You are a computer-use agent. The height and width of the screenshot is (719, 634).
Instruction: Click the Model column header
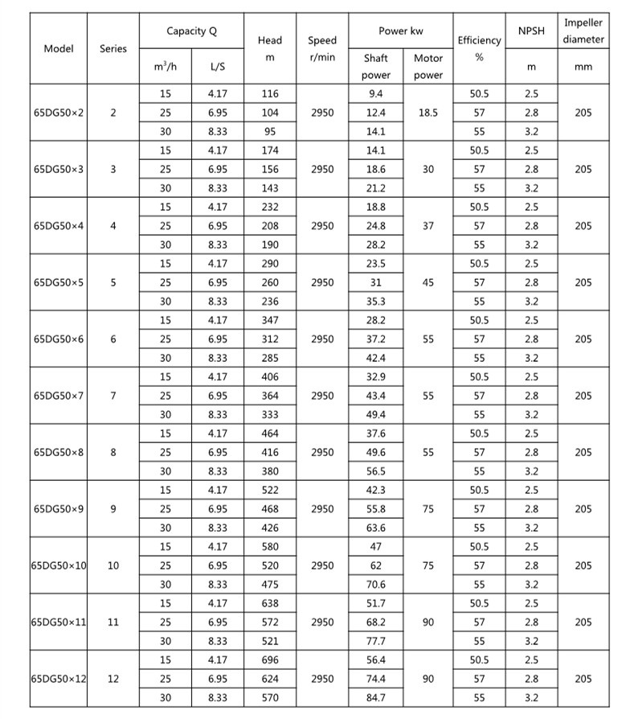(x=59, y=48)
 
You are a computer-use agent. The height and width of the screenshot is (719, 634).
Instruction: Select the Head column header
(x=270, y=48)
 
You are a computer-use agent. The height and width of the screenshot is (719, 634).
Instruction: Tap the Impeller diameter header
(x=583, y=31)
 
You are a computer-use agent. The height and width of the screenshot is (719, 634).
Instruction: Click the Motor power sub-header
(x=428, y=67)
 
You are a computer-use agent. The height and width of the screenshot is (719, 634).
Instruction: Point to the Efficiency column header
(x=479, y=48)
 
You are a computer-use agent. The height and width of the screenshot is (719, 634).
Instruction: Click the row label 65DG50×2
(x=59, y=113)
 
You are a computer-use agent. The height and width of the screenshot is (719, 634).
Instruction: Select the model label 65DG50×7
(x=59, y=396)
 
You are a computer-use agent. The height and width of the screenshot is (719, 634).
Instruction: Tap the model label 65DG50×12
(x=59, y=679)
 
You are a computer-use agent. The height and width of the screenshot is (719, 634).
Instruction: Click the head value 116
(x=270, y=94)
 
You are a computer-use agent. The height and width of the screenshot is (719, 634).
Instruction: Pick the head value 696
(x=270, y=659)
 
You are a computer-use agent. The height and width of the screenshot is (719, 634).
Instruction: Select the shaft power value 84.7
(x=376, y=698)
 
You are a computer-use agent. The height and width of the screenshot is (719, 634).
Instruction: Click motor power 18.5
(x=428, y=113)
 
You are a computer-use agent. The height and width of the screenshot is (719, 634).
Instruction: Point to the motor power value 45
(x=428, y=282)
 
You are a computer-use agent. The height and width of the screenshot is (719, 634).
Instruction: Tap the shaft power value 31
(x=376, y=282)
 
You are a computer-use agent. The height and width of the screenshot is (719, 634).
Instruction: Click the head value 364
(x=270, y=396)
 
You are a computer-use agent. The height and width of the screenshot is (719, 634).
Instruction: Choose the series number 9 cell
(x=113, y=509)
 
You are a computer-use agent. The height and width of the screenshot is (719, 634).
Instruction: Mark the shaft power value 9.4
(x=376, y=94)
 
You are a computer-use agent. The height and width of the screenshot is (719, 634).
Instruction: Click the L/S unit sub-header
(x=217, y=68)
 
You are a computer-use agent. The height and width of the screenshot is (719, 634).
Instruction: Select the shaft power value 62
(x=376, y=565)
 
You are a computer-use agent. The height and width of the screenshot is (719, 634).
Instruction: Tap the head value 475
(x=270, y=585)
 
